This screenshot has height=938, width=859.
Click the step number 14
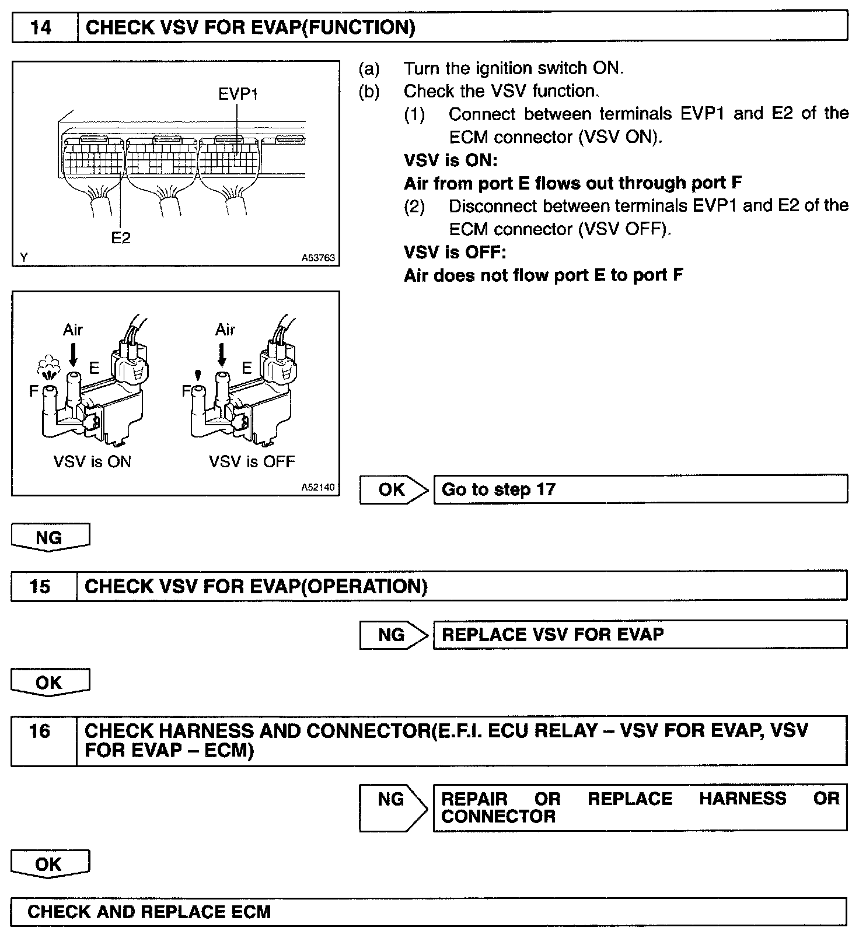tap(41, 27)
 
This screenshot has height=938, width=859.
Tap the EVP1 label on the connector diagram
tap(238, 94)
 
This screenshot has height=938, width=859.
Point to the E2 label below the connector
tap(121, 238)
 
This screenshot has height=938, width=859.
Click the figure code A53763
tap(318, 257)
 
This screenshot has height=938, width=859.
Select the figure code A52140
tap(318, 487)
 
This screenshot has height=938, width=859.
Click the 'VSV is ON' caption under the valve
tap(92, 462)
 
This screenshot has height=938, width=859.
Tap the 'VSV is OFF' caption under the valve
tap(252, 462)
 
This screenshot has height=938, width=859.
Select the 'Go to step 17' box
tap(640, 489)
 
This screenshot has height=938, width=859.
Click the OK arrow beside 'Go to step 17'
tap(393, 489)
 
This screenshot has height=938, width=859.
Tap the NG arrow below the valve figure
tap(50, 537)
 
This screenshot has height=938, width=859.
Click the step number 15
tap(40, 586)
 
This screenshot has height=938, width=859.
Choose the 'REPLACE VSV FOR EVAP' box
tap(640, 635)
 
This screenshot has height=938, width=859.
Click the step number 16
tap(40, 731)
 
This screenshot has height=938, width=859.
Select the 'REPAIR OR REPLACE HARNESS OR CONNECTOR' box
tap(640, 807)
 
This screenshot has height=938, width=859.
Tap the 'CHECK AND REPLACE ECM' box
tap(428, 912)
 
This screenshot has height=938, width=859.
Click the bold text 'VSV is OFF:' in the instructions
tap(455, 252)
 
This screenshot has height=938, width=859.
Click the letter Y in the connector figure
tap(24, 257)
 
